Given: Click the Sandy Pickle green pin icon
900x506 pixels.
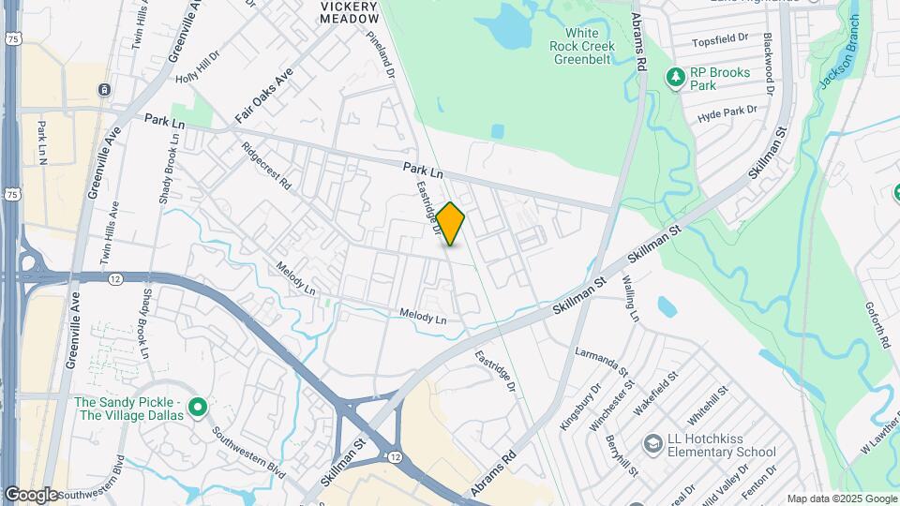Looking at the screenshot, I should [197, 408].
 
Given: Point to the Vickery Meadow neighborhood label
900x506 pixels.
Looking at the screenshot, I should [348, 11].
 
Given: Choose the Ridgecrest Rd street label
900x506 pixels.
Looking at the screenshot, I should [266, 166].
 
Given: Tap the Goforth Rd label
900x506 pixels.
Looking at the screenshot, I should [884, 323].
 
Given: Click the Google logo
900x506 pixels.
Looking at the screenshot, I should [31, 494].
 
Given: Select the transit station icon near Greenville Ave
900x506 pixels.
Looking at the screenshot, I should [104, 90].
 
